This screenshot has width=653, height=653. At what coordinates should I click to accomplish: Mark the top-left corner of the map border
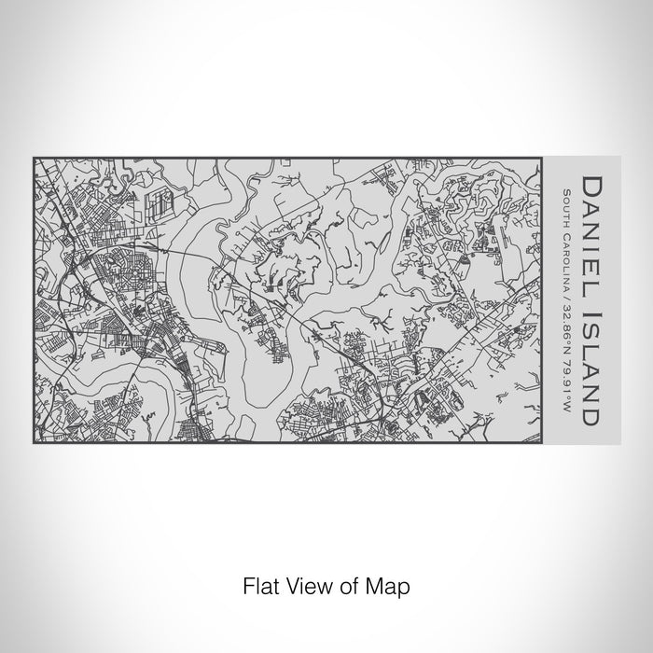34,157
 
